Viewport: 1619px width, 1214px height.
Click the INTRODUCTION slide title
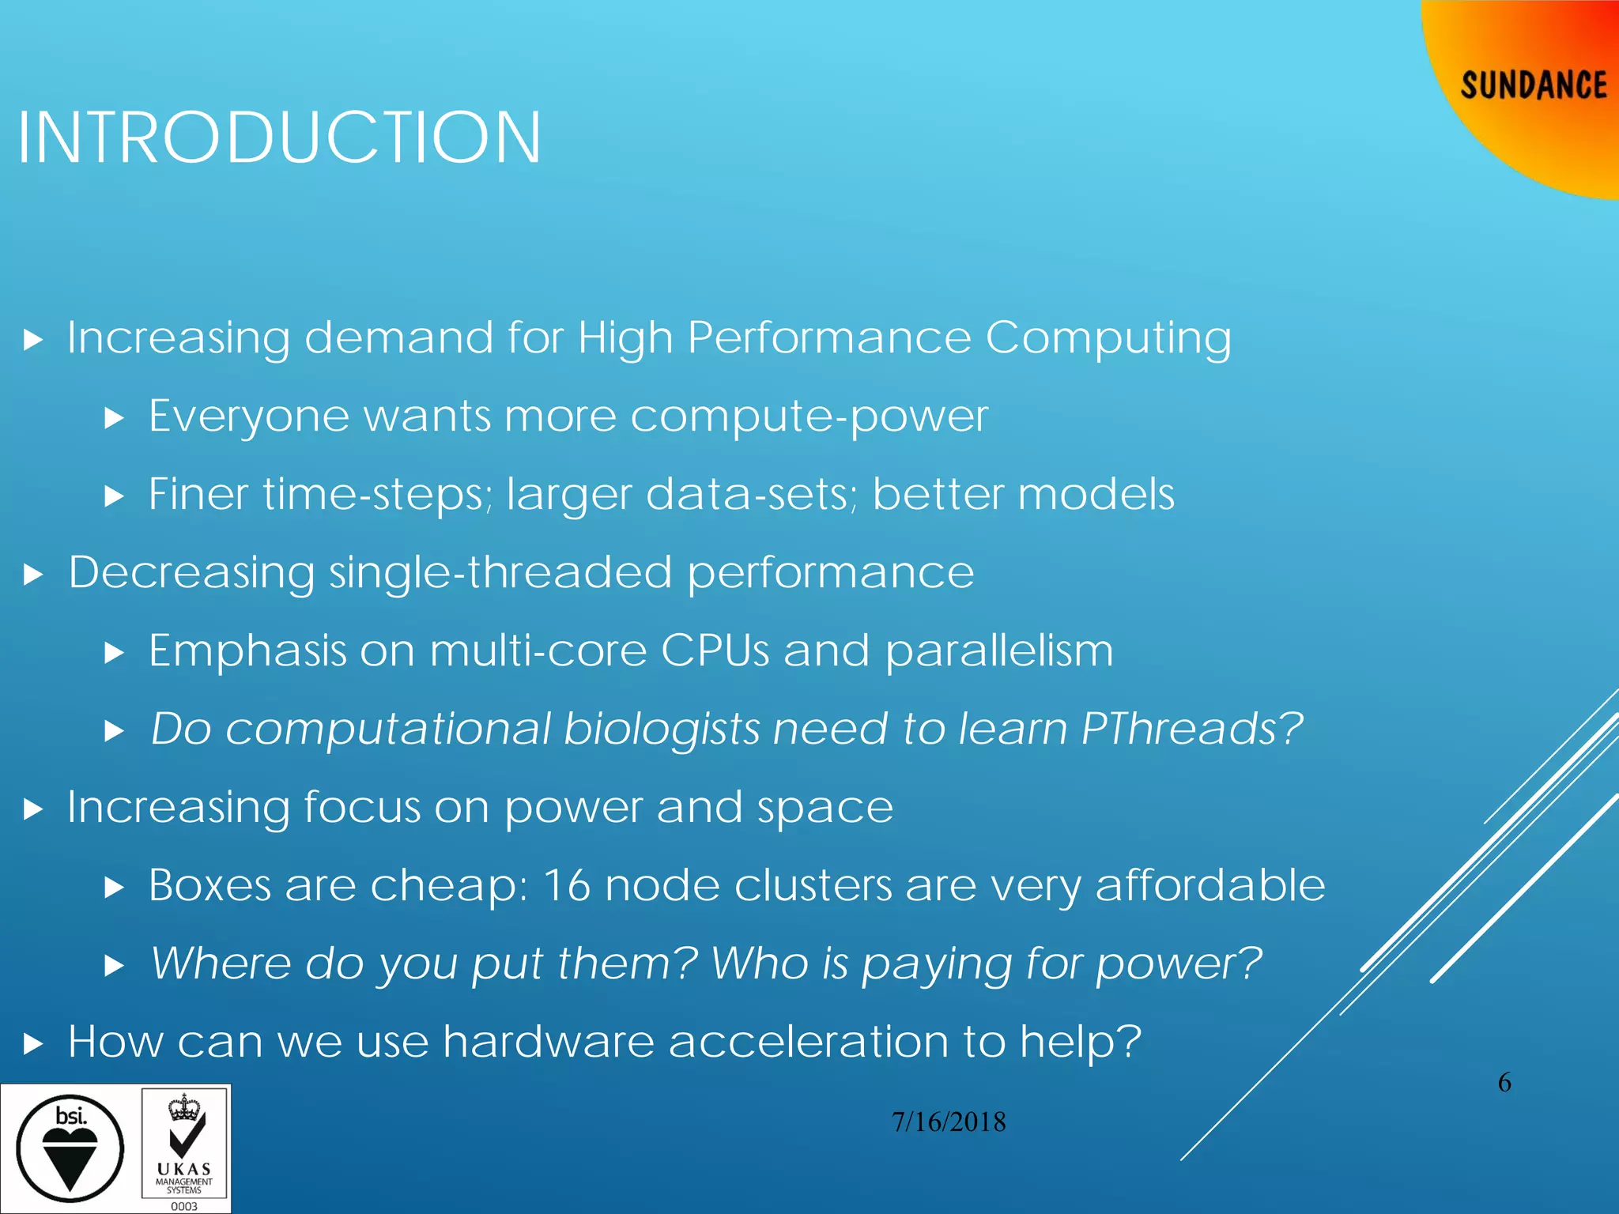pyautogui.click(x=279, y=138)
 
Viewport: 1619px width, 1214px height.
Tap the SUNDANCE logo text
pyautogui.click(x=1533, y=85)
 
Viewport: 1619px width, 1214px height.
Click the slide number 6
pyautogui.click(x=1504, y=1082)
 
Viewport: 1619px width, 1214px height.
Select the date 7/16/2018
pyautogui.click(x=949, y=1122)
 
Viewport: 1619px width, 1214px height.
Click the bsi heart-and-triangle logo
pyautogui.click(x=70, y=1148)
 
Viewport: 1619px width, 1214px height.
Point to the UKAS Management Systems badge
pyautogui.click(x=184, y=1149)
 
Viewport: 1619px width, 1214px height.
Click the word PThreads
pyautogui.click(x=1191, y=728)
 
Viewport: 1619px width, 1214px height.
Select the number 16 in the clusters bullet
pyautogui.click(x=567, y=884)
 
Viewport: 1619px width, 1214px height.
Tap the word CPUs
pyautogui.click(x=715, y=650)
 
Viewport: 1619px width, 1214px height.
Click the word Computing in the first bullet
pyautogui.click(x=1108, y=338)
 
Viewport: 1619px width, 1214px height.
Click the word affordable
pyautogui.click(x=1210, y=884)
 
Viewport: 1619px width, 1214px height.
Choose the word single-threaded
pyautogui.click(x=500, y=572)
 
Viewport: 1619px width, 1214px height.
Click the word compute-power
pyautogui.click(x=809, y=417)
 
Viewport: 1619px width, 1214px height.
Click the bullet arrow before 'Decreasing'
pyautogui.click(x=32, y=575)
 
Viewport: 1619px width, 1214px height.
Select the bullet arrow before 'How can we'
pyautogui.click(x=32, y=1044)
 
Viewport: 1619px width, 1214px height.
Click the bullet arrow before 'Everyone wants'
pyautogui.click(x=115, y=418)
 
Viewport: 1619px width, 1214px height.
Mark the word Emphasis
pyautogui.click(x=247, y=650)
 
